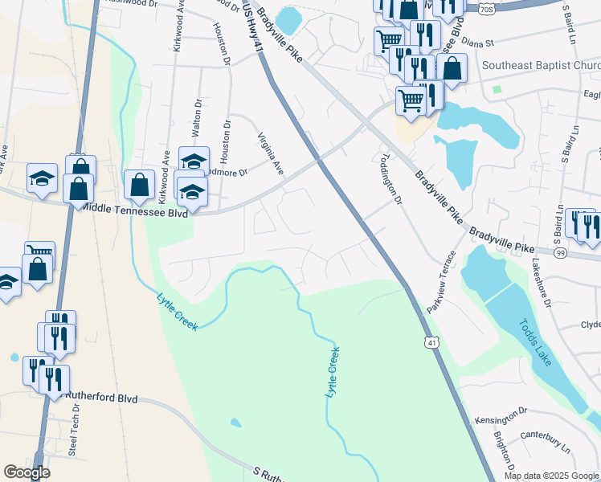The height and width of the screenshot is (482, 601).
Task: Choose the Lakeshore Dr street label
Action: (x=547, y=291)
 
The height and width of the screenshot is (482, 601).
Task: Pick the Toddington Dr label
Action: (x=390, y=179)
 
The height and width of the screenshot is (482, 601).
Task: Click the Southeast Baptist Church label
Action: (x=542, y=65)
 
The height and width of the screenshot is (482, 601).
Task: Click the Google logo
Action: (x=27, y=472)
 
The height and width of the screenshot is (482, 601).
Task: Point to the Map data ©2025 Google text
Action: (x=551, y=476)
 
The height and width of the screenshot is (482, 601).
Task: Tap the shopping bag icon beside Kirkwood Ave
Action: (x=140, y=184)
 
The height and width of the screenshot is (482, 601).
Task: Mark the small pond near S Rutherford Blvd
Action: (x=235, y=423)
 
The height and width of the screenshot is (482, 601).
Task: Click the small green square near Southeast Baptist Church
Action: (x=497, y=89)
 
